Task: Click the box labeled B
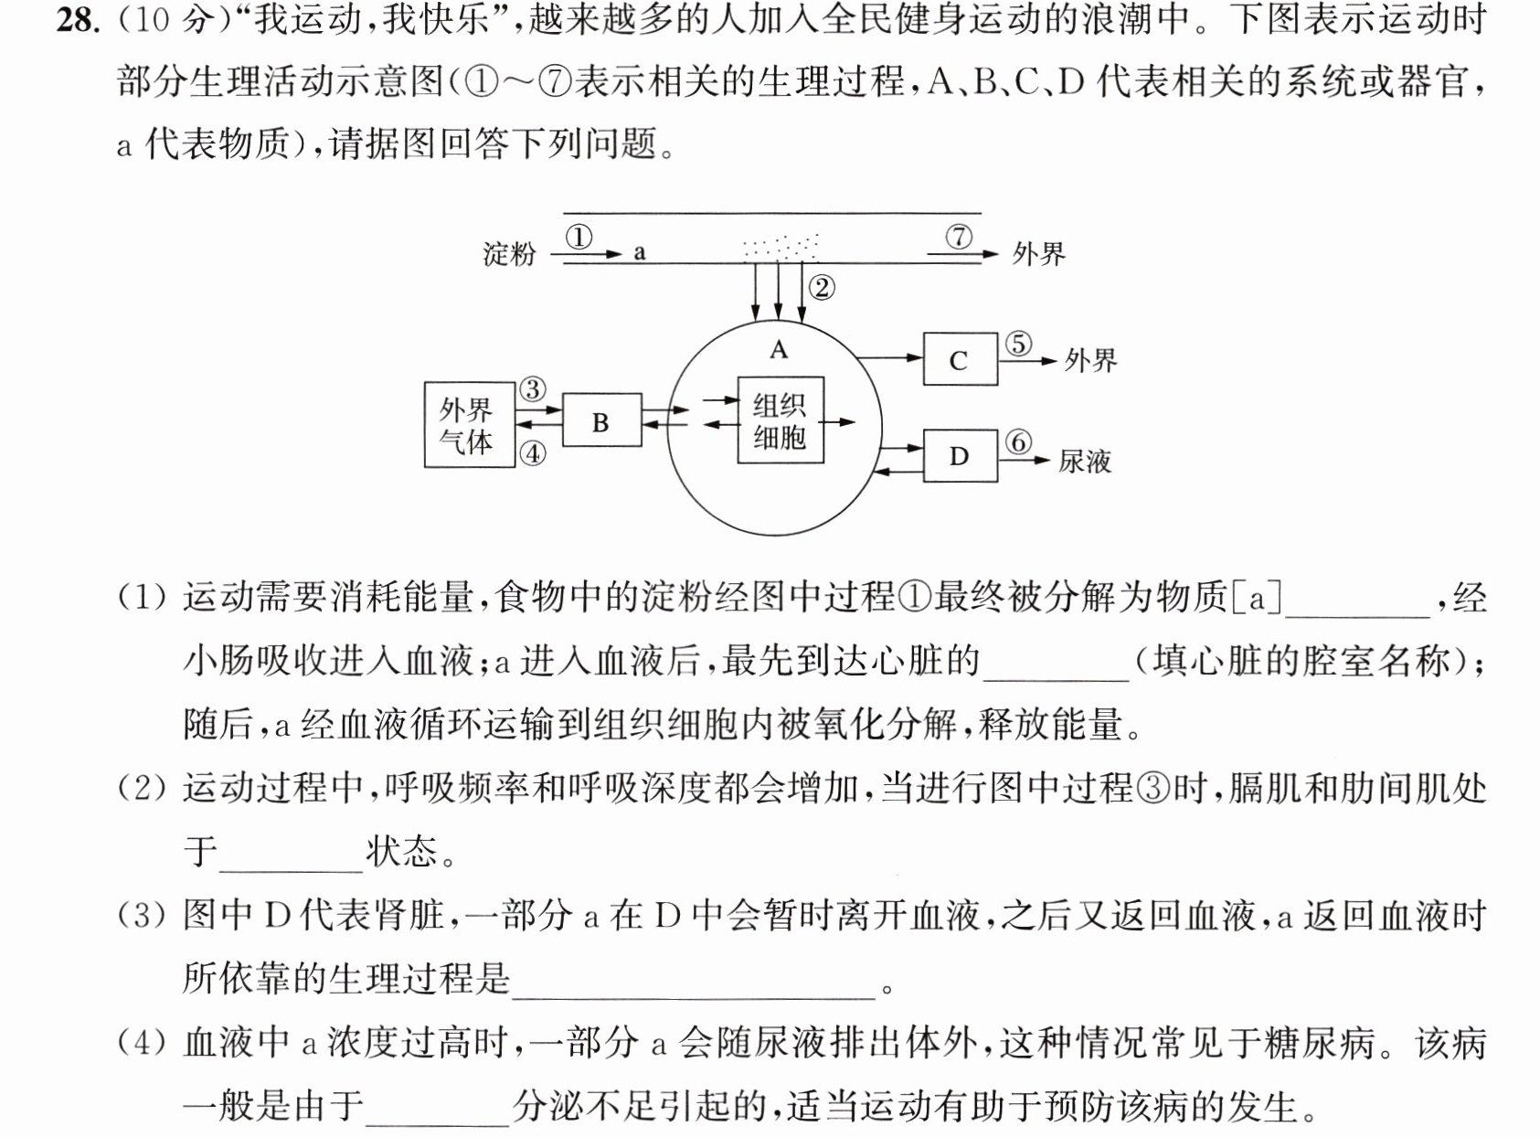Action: pos(602,420)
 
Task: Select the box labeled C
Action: pos(961,358)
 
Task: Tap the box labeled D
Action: pos(961,456)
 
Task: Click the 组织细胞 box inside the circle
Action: pos(781,420)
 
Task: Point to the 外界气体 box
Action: pos(470,424)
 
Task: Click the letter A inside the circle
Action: pos(779,349)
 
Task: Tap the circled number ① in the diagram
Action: pos(579,237)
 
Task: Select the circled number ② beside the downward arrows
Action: pos(822,288)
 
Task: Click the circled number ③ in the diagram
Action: pos(533,389)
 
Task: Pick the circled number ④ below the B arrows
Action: pos(533,453)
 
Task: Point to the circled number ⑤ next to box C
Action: pos(1018,344)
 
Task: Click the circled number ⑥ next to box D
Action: pos(1018,442)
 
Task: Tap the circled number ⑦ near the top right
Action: pos(959,237)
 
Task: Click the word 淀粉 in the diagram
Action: pos(510,254)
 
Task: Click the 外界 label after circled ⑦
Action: pos(1038,254)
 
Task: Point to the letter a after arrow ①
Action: pos(640,253)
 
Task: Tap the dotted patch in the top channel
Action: pos(781,248)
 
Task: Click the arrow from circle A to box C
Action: pos(890,357)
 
